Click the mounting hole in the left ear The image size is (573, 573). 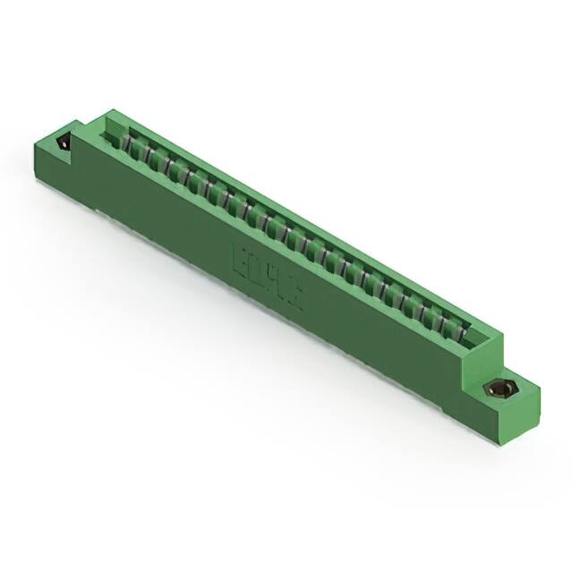64,142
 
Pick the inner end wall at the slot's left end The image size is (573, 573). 114,131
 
